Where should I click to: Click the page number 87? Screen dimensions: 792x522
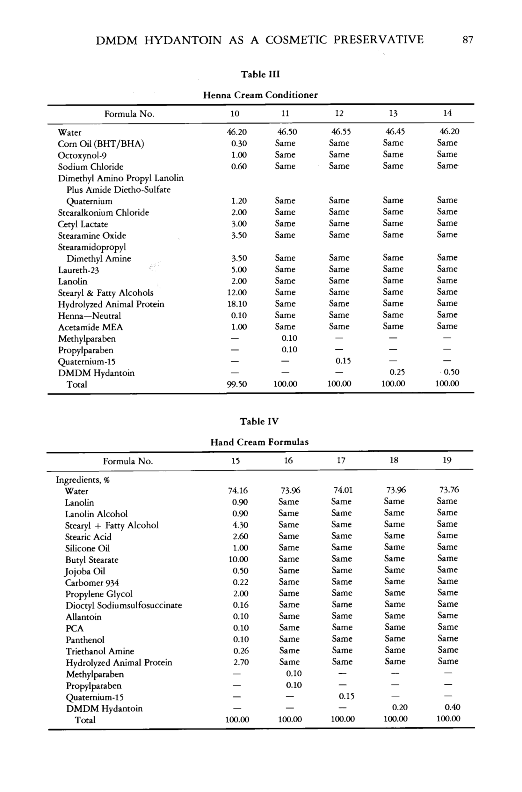pyautogui.click(x=468, y=40)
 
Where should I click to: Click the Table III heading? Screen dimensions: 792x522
pyautogui.click(x=260, y=74)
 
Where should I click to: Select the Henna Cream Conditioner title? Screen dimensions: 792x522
pyautogui.click(x=260, y=95)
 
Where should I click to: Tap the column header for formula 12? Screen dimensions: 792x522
pyautogui.click(x=339, y=113)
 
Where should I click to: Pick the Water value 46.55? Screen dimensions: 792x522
pyautogui.click(x=341, y=132)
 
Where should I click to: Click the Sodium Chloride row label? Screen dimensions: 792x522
pyautogui.click(x=91, y=167)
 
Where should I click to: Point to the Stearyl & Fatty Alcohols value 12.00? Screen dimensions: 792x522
pyautogui.click(x=237, y=292)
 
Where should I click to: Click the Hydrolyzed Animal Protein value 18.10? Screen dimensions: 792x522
pyautogui.click(x=237, y=304)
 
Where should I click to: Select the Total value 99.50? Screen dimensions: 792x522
pyautogui.click(x=237, y=384)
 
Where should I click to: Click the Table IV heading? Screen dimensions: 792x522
pyautogui.click(x=259, y=421)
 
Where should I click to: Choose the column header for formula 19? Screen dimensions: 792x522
pyautogui.click(x=447, y=460)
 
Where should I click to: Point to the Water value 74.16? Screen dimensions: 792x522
pyautogui.click(x=238, y=491)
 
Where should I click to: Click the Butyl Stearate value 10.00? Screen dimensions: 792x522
pyautogui.click(x=238, y=559)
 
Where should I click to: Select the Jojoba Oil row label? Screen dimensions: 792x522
pyautogui.click(x=85, y=571)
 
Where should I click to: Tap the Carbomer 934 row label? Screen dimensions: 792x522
pyautogui.click(x=92, y=582)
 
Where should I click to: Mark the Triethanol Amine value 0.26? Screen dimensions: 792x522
pyautogui.click(x=241, y=651)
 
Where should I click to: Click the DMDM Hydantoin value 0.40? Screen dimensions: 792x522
pyautogui.click(x=453, y=707)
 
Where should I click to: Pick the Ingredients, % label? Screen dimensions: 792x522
pyautogui.click(x=83, y=480)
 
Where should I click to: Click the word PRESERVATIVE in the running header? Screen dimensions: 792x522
pyautogui.click(x=379, y=40)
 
